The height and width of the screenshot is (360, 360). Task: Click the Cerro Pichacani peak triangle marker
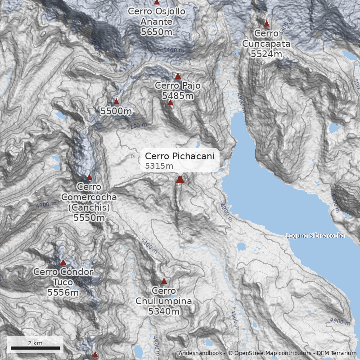(180, 180)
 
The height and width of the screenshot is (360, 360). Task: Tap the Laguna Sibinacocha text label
(315, 236)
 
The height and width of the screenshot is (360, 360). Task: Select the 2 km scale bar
(35, 348)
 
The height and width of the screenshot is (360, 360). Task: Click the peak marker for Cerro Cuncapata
(266, 24)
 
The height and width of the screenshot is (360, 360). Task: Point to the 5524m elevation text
(266, 54)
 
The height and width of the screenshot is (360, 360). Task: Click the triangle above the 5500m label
(116, 101)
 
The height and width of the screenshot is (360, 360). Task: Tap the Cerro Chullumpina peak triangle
(164, 281)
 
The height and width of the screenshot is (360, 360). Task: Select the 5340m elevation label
(164, 311)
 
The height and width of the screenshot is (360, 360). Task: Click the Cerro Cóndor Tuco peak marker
(63, 262)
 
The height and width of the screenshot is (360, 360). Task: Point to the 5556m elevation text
(63, 292)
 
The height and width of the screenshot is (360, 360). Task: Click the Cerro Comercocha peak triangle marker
(89, 177)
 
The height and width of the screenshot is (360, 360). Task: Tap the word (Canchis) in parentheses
(89, 207)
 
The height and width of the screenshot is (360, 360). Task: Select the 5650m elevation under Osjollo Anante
(156, 32)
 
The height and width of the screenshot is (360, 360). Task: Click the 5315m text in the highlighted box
(159, 166)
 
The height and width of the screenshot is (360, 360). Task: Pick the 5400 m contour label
(174, 50)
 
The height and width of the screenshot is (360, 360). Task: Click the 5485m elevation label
(178, 96)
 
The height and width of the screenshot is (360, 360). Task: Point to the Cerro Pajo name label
(178, 85)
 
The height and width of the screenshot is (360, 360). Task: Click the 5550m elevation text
(89, 218)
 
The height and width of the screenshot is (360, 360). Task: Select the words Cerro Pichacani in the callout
(182, 156)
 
